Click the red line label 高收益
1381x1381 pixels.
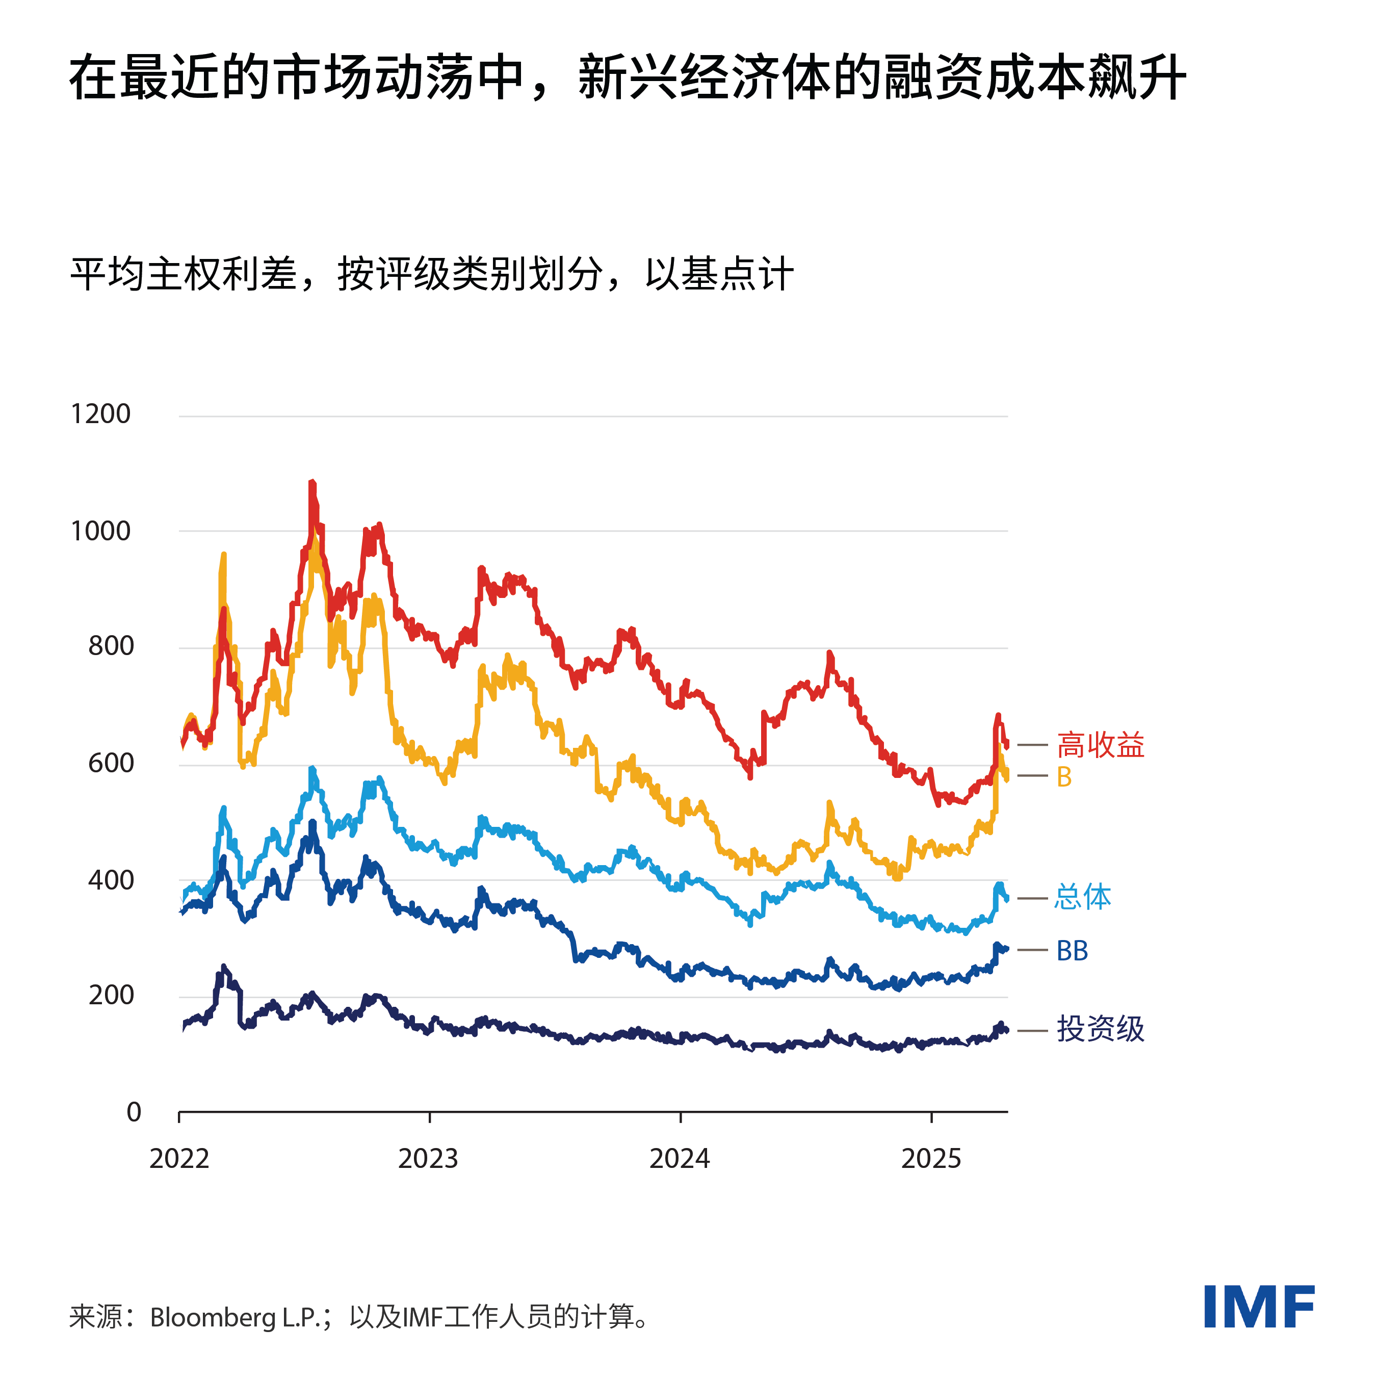pos(1100,745)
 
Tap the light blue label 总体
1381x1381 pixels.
pos(1082,897)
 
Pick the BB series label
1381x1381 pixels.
pos(1072,951)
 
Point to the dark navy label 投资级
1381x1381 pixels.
pos(1100,1029)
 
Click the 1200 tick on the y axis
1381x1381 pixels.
pos(101,414)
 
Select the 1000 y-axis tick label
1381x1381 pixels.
pos(101,531)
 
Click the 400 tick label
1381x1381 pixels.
pos(111,880)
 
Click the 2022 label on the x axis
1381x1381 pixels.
pos(179,1159)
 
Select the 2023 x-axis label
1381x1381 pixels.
pos(428,1159)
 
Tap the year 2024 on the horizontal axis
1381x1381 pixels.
pos(679,1159)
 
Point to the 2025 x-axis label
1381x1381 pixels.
pos(931,1159)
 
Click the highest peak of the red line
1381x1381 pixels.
pos(311,483)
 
